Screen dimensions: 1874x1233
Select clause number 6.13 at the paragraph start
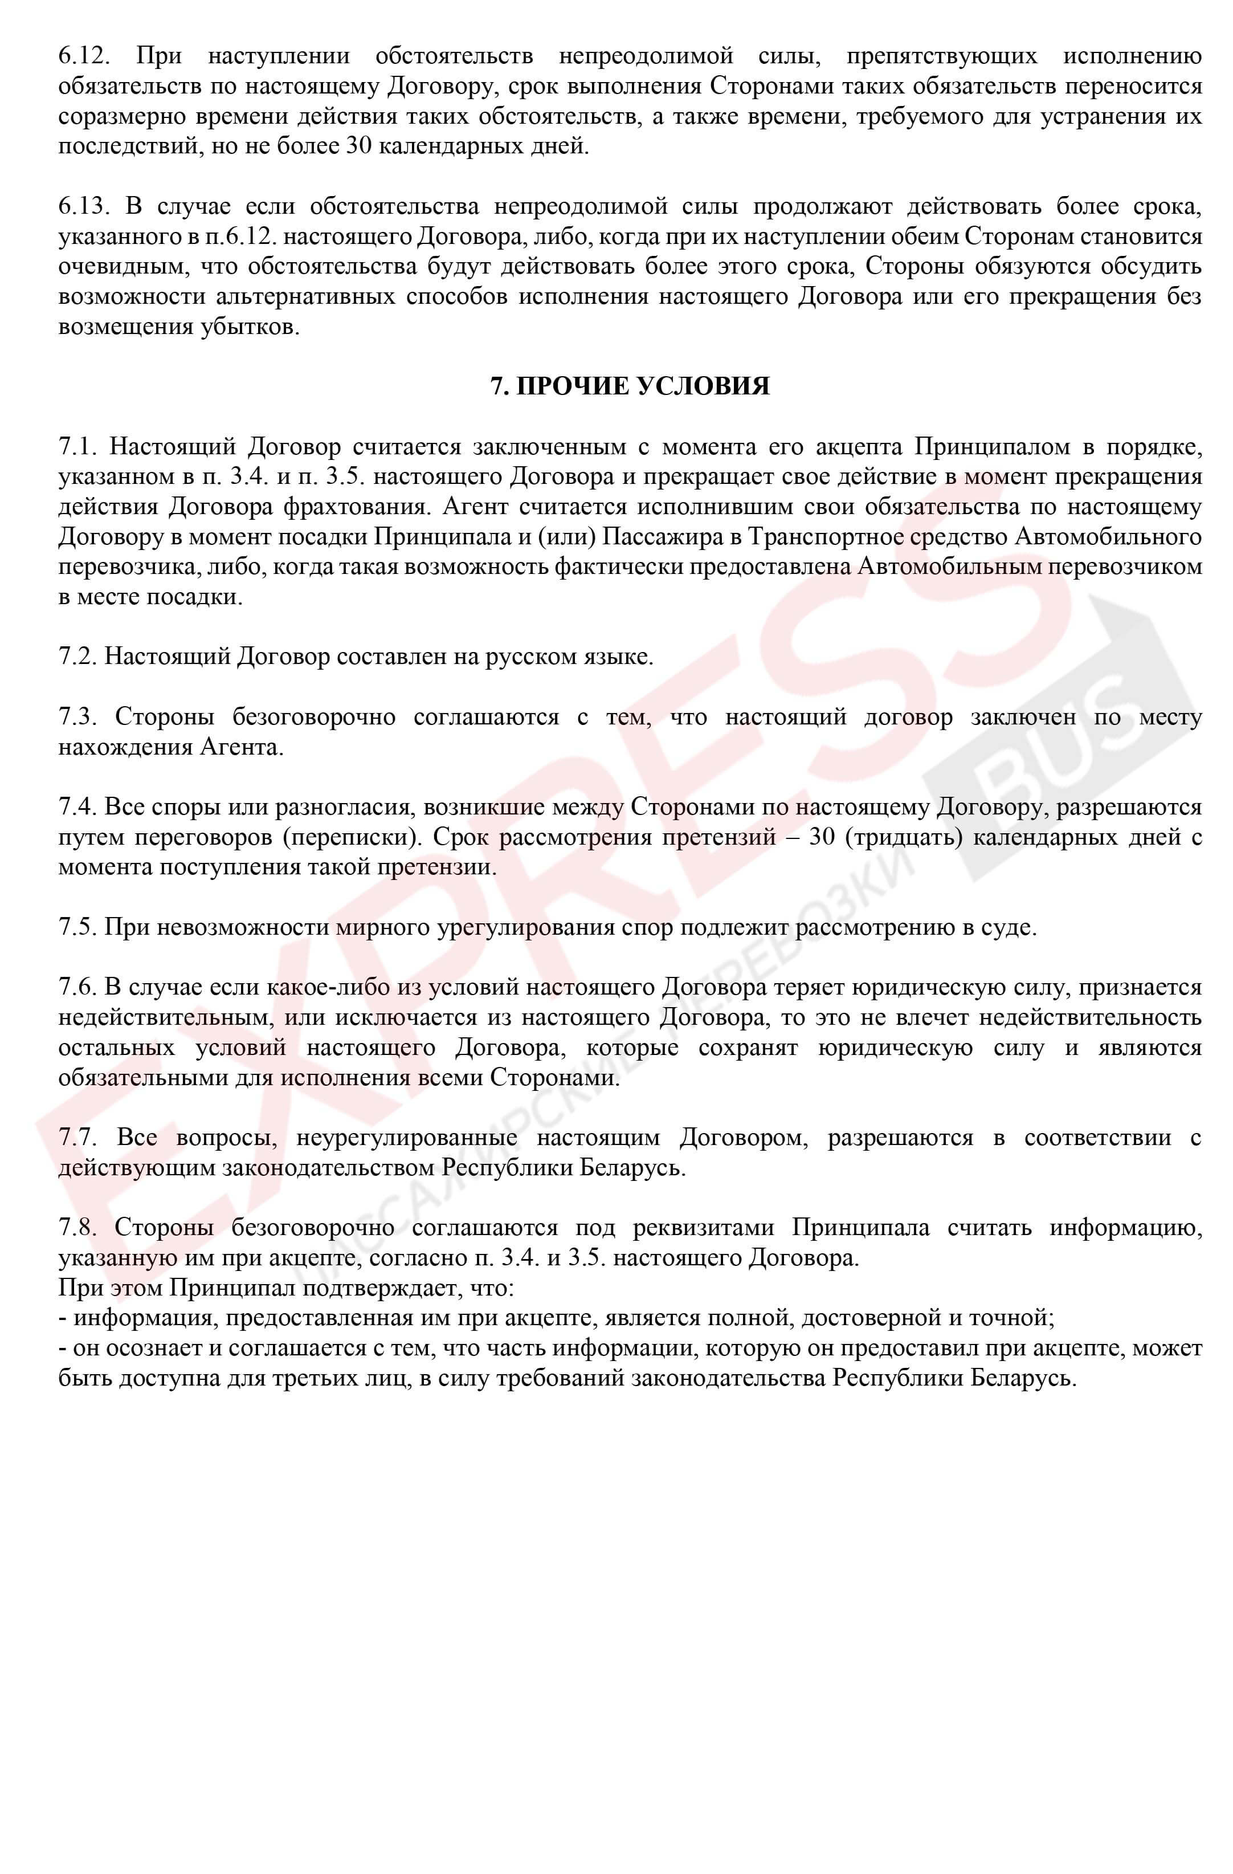81,207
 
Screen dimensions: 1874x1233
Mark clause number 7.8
76,1228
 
